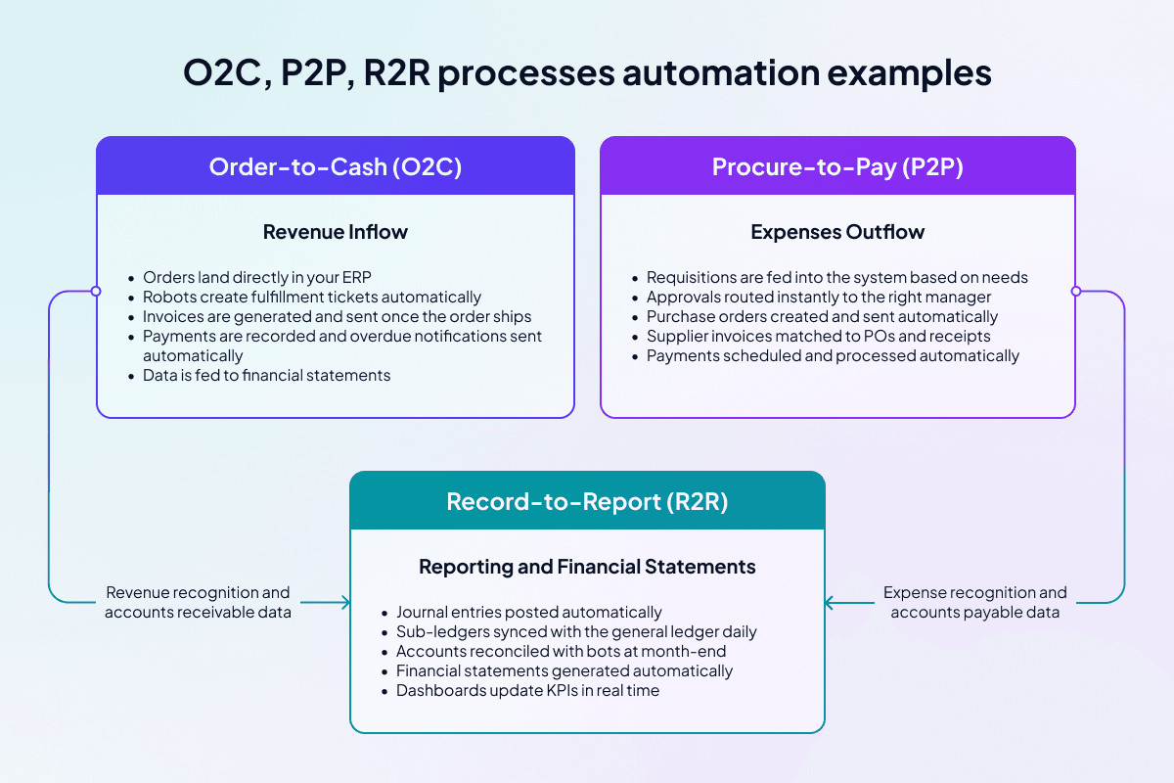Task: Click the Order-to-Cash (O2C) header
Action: coord(335,166)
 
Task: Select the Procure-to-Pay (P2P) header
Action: coord(837,166)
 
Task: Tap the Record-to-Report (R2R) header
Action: coord(587,501)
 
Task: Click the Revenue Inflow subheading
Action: coord(335,232)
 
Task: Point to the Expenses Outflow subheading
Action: coord(837,232)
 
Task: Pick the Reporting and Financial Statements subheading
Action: coord(587,567)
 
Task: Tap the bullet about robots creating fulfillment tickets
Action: coord(311,297)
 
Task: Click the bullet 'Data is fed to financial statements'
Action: coord(266,375)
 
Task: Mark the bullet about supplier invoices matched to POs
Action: coord(818,336)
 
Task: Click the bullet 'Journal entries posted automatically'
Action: coord(528,613)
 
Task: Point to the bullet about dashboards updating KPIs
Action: coord(527,691)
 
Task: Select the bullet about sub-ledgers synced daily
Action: coord(576,632)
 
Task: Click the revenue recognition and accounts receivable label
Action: coord(198,602)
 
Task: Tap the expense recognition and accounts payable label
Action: coord(975,602)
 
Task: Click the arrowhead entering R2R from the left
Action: coord(344,603)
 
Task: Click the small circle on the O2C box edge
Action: coord(96,291)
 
